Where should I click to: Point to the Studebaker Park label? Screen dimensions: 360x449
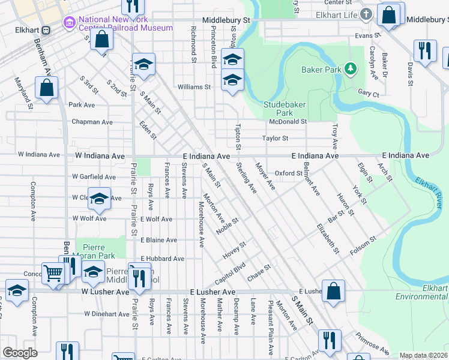[x=285, y=108]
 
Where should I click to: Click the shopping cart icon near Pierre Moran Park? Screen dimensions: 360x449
[x=53, y=273]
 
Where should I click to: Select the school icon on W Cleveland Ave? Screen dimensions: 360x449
[x=100, y=199]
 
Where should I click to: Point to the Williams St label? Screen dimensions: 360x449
[x=194, y=87]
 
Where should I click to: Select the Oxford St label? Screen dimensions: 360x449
[x=289, y=173]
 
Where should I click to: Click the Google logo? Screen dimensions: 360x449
[x=19, y=353]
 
